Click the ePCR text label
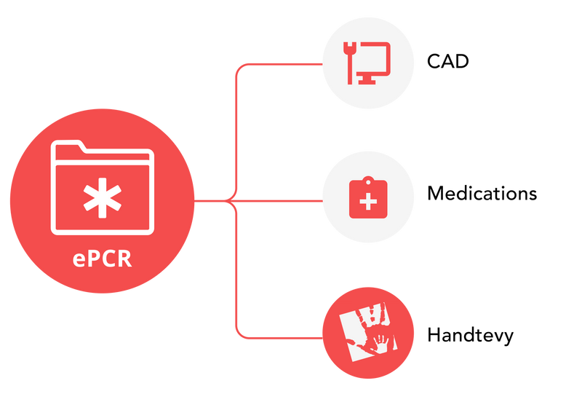click(103, 259)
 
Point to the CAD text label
click(447, 61)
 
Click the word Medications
click(482, 194)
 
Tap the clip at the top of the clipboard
click(368, 179)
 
